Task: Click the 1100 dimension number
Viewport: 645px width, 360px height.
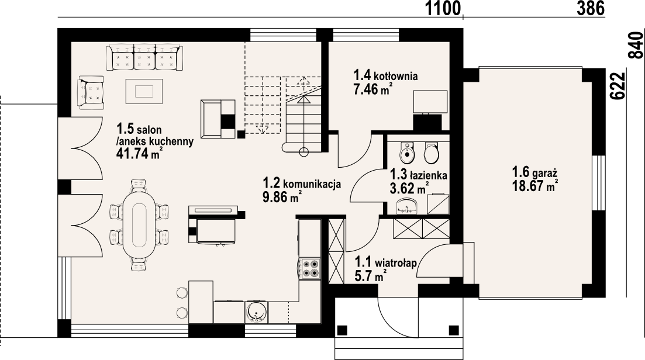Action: [x=443, y=8]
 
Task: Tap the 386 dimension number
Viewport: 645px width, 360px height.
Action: [x=591, y=8]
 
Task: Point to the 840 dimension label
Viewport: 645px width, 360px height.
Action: [x=636, y=45]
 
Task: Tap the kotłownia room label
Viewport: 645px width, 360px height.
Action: [x=386, y=75]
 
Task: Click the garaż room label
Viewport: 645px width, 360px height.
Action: [x=534, y=171]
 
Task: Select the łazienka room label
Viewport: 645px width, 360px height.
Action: [x=418, y=175]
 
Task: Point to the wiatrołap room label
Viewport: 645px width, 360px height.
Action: [x=386, y=261]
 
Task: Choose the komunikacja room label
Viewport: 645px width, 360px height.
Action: [x=302, y=183]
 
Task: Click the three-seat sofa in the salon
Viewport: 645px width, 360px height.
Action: [x=144, y=58]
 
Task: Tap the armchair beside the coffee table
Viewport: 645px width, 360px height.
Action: [x=91, y=92]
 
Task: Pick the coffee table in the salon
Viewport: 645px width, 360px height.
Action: [x=144, y=91]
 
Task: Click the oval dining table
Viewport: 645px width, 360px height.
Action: [x=139, y=224]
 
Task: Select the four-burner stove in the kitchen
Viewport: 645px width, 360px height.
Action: [x=310, y=268]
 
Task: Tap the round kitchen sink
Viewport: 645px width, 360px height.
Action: [x=257, y=311]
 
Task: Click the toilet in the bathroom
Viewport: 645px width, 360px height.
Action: [x=431, y=154]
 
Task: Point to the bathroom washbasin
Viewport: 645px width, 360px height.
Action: [x=406, y=204]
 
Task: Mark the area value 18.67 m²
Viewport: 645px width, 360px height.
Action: [x=534, y=186]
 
